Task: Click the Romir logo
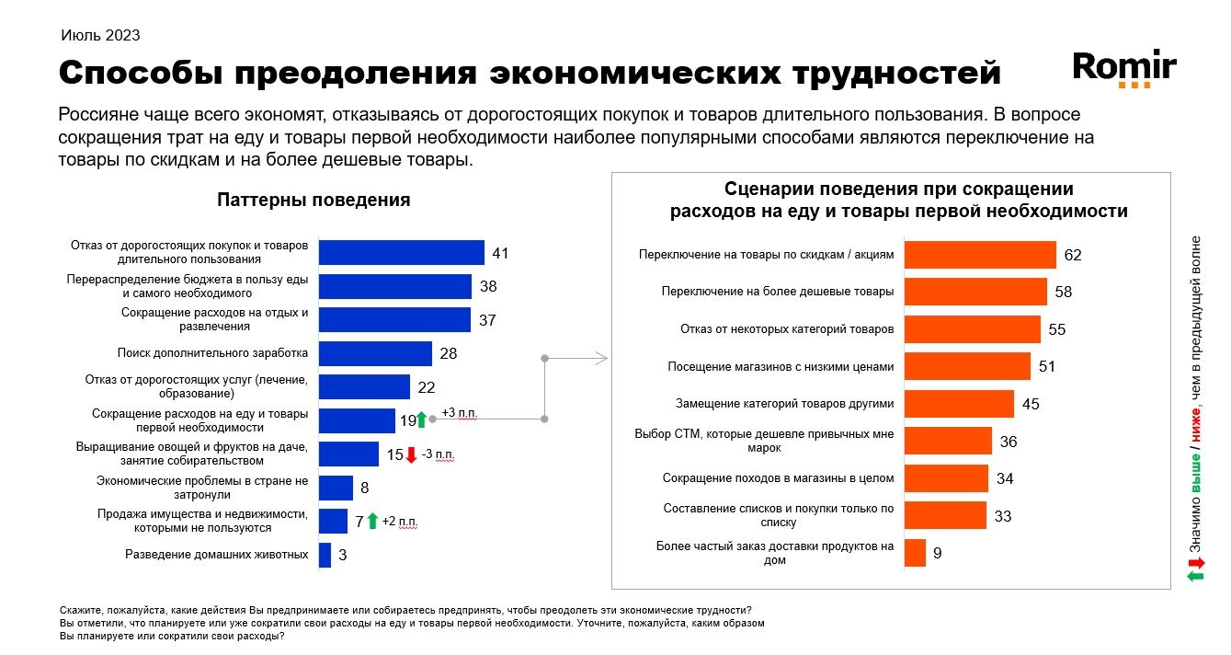(1124, 68)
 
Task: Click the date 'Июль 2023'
(100, 36)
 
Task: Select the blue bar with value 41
(401, 253)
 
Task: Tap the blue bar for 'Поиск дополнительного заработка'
(375, 353)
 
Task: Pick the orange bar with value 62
(980, 255)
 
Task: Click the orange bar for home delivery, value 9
(915, 553)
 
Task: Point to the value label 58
(1064, 292)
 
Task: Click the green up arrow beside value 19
(421, 420)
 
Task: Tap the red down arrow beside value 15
(411, 454)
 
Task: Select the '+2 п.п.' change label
(399, 522)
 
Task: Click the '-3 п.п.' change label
(439, 454)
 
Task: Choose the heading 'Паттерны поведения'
(313, 200)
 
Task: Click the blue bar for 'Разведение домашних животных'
(325, 555)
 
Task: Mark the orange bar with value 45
(959, 404)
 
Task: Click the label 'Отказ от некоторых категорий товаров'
(786, 328)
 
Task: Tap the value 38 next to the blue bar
(488, 286)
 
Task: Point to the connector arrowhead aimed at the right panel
(604, 357)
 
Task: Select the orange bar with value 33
(945, 515)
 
